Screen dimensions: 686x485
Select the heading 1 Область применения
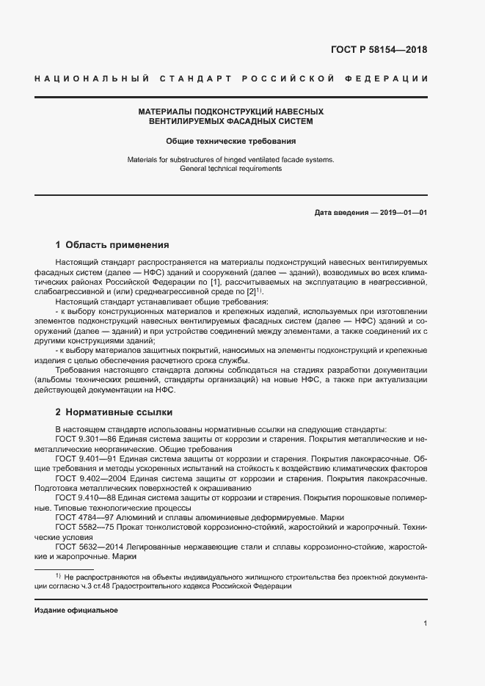112,245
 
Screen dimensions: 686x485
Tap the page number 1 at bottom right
426,623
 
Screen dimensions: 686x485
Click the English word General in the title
194,168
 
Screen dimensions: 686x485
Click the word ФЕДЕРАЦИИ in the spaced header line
395,79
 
